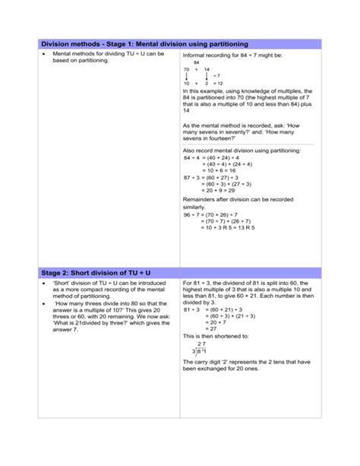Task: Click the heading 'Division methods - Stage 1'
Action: coord(139,44)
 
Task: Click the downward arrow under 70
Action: coord(187,76)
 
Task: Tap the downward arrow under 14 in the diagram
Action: coord(207,76)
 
